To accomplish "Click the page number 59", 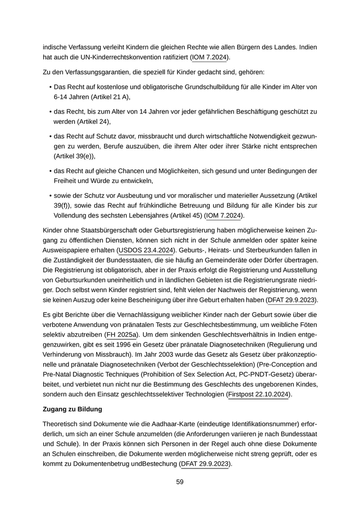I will coord(179,482).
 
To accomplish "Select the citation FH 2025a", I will coord(121,335).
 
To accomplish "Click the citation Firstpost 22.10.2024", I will coord(259,394).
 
